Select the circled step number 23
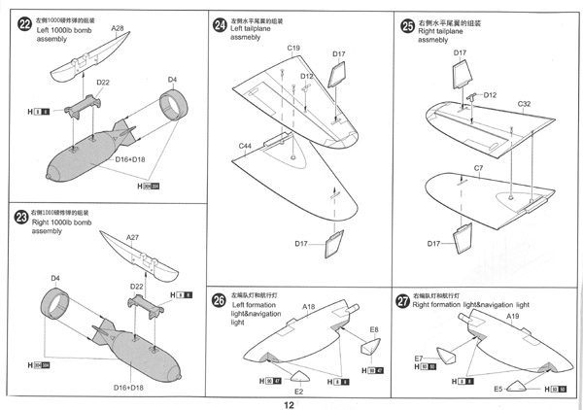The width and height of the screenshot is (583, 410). coord(21,218)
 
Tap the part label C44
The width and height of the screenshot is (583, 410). coord(246,145)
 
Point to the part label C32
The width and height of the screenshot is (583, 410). coord(524,103)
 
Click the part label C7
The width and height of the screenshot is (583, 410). coord(478,168)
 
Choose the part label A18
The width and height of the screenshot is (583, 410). coord(309,307)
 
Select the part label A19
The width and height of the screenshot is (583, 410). coord(514,317)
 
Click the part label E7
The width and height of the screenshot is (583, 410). coord(419,359)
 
